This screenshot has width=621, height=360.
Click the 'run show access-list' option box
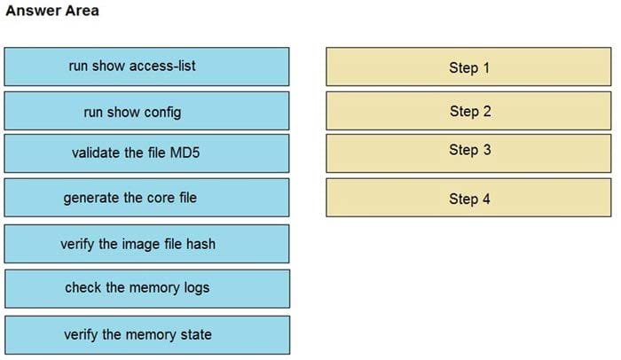[146, 67]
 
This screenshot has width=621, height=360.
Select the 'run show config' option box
[146, 111]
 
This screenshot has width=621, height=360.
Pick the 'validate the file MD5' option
[146, 153]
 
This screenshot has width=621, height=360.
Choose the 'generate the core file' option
[146, 197]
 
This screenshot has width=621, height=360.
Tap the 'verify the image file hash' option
[146, 244]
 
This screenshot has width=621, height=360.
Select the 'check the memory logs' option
[146, 288]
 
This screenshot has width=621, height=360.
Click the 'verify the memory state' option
[146, 334]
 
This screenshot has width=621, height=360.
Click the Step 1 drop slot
[468, 67]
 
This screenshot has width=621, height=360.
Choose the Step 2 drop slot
[468, 111]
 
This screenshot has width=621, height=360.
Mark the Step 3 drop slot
[468, 152]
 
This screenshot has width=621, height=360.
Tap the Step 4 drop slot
[468, 198]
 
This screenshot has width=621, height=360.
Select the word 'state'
[195, 334]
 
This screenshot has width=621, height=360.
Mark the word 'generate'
[90, 198]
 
